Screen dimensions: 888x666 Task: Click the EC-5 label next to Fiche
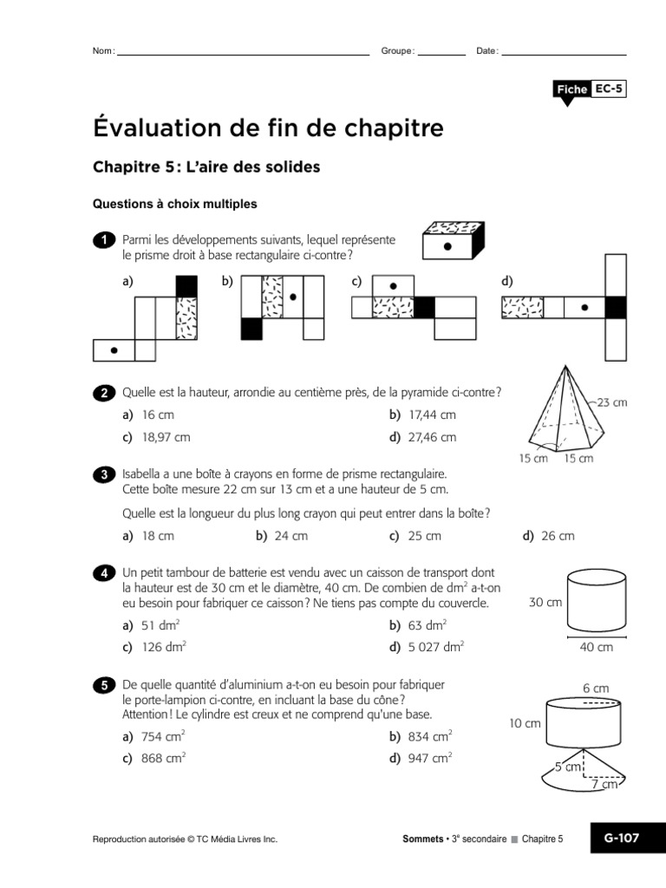609,89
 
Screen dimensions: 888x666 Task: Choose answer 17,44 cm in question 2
423,415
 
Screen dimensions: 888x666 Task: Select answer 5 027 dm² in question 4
428,646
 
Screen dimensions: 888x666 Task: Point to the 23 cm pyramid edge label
611,403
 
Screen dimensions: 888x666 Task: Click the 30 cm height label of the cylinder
545,602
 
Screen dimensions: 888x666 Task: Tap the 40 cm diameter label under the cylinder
596,647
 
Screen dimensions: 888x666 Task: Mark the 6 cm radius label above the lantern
596,688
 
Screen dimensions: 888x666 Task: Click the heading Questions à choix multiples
174,205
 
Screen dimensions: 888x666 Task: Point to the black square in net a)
186,286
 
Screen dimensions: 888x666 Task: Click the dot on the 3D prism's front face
447,246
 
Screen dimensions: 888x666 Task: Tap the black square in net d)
616,307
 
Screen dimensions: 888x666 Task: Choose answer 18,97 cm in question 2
157,438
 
